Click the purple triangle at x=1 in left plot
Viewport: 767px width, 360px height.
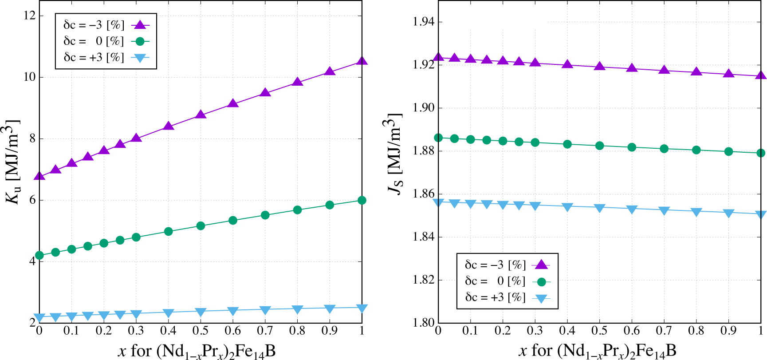[362, 61]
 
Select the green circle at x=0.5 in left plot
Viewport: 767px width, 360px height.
[201, 225]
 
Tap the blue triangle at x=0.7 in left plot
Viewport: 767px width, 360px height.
[265, 310]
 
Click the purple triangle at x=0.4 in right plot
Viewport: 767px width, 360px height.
[567, 64]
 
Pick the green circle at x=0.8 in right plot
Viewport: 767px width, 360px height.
[696, 150]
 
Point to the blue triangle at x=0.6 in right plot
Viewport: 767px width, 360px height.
[632, 209]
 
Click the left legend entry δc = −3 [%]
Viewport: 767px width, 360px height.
[94, 25]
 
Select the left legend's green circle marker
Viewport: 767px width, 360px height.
[140, 41]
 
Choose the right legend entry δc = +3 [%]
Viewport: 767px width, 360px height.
[495, 297]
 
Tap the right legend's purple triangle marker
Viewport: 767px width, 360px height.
[541, 265]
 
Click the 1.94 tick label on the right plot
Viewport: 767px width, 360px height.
[423, 22]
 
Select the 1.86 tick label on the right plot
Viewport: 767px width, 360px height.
[423, 194]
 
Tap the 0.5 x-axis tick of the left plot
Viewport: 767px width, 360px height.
[200, 331]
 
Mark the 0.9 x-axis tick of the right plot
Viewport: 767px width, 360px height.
[728, 331]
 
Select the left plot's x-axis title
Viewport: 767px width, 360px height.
[197, 351]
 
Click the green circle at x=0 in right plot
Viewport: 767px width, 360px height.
[438, 138]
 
